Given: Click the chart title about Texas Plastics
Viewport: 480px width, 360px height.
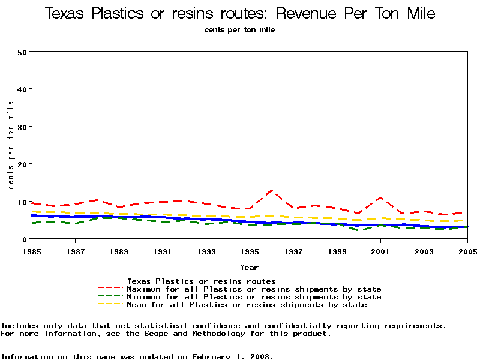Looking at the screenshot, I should click(240, 13).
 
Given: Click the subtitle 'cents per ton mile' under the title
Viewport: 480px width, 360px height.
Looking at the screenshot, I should click(239, 30).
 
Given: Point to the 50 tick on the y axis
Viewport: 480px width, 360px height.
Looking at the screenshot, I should click(22, 52).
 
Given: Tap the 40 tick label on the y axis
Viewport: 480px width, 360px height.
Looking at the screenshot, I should click(22, 89).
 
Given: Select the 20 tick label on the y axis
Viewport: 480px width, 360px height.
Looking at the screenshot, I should click(22, 164).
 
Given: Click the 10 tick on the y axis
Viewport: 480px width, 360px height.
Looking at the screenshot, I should click(22, 202).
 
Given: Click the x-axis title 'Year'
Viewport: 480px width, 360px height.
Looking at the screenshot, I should click(249, 267).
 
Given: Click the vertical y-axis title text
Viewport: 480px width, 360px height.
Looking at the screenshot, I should click(11, 145).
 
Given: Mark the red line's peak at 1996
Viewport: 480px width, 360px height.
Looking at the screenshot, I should click(272, 191).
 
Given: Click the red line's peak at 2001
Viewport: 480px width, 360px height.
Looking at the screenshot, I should click(380, 197).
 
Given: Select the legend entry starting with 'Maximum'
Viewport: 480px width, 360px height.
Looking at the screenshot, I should click(254, 289).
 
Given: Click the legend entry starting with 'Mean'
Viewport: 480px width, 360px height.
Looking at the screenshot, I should click(247, 305).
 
